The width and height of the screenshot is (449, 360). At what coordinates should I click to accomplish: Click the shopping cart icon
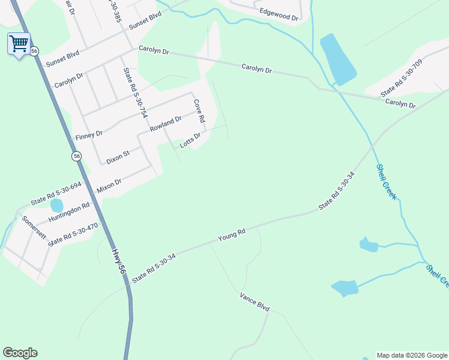pos(19,43)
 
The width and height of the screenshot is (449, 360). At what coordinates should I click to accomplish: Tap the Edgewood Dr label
pos(279,15)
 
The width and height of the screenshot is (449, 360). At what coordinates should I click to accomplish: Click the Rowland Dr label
pos(166,125)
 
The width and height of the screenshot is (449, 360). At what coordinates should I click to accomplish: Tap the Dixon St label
pos(118,158)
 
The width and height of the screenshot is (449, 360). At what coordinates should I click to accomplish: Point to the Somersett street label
pos(34,227)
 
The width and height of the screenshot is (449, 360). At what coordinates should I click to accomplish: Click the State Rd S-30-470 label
pos(73,234)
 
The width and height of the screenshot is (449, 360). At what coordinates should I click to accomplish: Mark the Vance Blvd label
pos(255,301)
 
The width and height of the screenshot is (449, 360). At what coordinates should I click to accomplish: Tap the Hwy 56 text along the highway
pos(120,263)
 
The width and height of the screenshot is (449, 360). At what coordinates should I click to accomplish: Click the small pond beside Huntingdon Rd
pos(56,206)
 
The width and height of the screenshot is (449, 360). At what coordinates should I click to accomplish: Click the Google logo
pos(20,353)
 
